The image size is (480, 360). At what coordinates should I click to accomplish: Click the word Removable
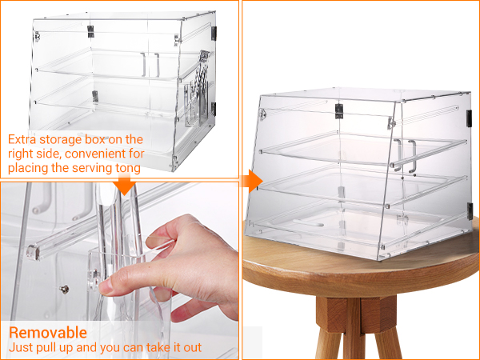48,333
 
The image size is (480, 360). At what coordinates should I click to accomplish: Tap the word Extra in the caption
22,139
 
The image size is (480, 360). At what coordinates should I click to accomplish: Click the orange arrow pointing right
252,182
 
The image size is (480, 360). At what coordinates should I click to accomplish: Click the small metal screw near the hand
64,289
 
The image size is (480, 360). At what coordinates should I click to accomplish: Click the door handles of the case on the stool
405,155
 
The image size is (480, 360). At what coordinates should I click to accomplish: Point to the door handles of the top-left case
150,65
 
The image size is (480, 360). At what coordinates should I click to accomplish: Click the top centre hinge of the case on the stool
338,111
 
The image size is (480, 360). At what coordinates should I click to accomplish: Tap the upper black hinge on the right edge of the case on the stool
470,118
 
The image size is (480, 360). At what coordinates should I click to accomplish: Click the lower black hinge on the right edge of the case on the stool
470,211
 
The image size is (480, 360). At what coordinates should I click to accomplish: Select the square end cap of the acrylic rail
33,252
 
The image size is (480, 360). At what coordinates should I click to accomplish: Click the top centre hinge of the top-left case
90,31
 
